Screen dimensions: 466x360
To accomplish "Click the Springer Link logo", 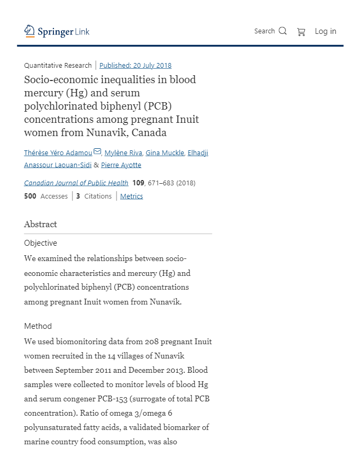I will point(57,32).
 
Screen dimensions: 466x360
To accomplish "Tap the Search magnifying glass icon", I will point(283,31).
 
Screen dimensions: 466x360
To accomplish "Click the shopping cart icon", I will point(301,32).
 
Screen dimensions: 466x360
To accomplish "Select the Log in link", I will point(325,31).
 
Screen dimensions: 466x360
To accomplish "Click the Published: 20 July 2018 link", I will point(135,66).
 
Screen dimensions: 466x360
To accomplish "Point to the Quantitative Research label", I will point(58,66).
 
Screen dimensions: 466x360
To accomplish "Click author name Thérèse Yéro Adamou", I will point(58,153).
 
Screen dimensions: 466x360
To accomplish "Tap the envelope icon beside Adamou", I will point(97,153).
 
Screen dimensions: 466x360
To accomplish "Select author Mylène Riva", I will point(123,153).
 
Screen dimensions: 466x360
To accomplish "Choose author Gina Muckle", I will point(165,153).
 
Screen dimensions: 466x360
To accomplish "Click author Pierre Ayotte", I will point(121,165).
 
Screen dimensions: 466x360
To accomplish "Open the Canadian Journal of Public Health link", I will point(76,183).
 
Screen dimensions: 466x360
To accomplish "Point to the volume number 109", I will point(138,183).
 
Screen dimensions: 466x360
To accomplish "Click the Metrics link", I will point(131,196).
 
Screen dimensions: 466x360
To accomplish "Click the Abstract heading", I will point(40,225).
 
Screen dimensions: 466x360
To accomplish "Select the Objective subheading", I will point(40,244).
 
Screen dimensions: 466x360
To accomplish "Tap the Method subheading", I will point(38,326).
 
